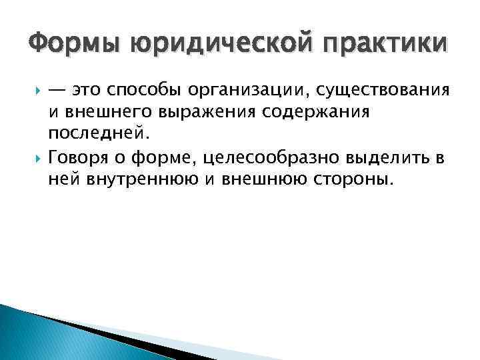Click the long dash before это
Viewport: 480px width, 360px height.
57,89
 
